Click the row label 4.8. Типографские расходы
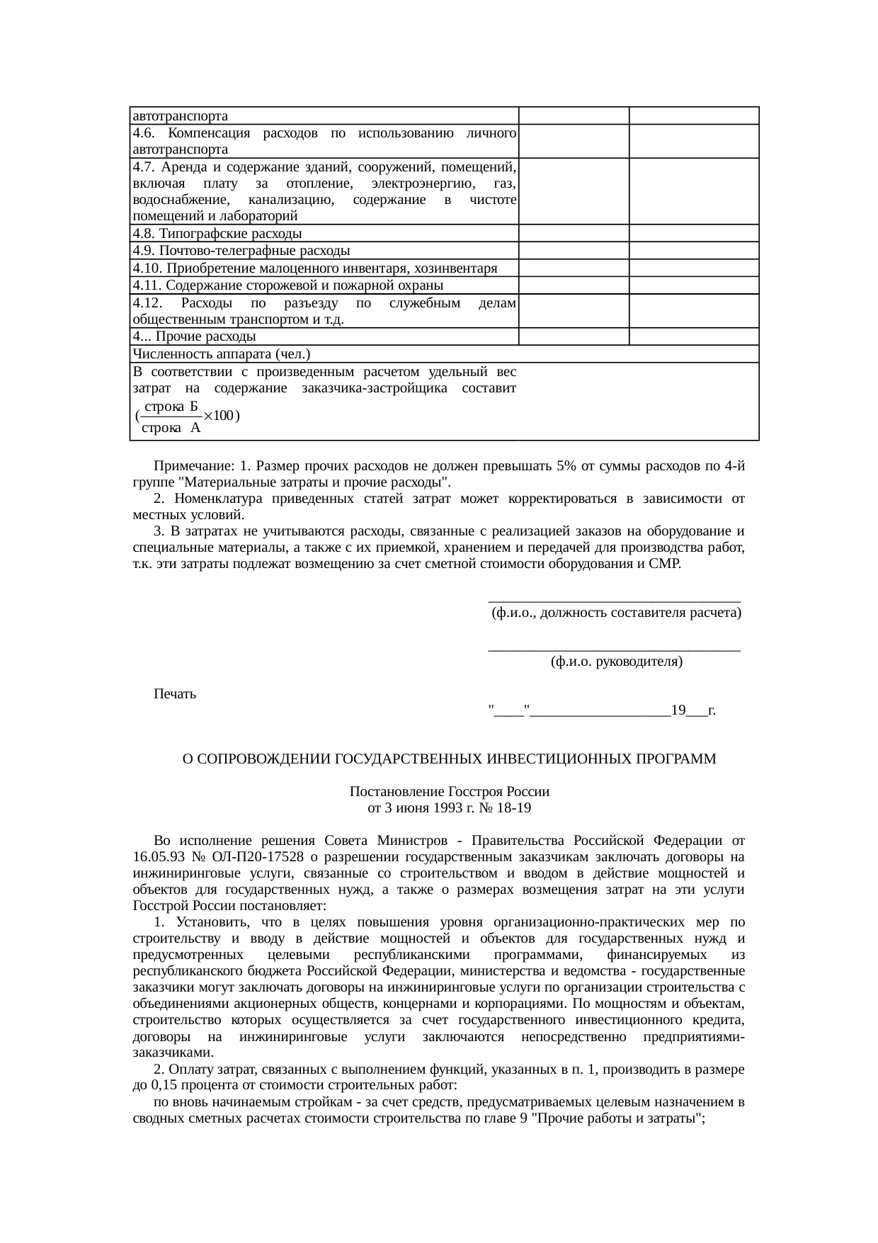(217, 234)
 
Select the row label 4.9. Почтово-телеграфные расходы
(241, 251)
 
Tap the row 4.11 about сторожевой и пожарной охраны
(287, 285)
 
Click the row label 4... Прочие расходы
(194, 336)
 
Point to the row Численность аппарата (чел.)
(222, 354)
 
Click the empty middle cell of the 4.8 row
(574, 234)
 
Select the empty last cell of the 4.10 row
(694, 268)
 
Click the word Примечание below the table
(193, 467)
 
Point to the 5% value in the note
(566, 467)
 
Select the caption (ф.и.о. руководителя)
(615, 662)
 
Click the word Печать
(175, 694)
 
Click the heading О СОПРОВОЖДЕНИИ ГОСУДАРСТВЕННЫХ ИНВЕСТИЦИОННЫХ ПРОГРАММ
(449, 759)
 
